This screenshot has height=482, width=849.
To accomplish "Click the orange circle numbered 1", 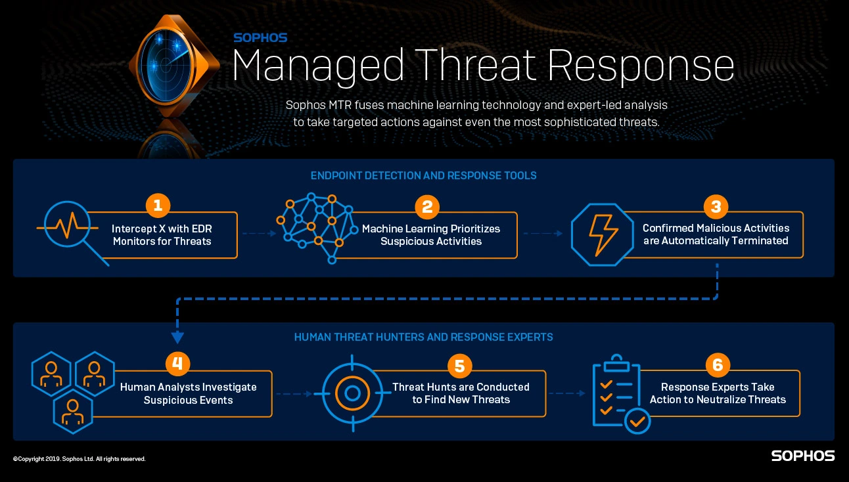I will click(x=158, y=206).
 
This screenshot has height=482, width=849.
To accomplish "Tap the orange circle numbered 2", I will click(x=427, y=207).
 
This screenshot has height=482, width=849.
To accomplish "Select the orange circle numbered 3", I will click(x=716, y=206).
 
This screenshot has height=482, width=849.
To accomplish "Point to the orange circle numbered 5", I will click(x=460, y=365).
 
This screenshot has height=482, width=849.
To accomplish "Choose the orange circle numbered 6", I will click(x=718, y=365).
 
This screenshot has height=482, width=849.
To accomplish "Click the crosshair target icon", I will click(x=352, y=393).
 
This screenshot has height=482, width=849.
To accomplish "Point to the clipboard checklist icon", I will click(x=620, y=394).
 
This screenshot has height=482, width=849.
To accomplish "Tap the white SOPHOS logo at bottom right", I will click(x=802, y=456).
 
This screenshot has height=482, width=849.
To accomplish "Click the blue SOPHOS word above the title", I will click(x=260, y=38).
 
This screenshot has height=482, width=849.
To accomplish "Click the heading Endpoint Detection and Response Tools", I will click(x=423, y=175).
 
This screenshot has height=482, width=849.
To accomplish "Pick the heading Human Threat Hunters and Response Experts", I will click(x=423, y=337).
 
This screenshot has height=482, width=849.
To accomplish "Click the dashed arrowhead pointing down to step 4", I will click(x=177, y=338).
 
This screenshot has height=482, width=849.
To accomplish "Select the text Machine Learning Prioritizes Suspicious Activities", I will click(x=431, y=235).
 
